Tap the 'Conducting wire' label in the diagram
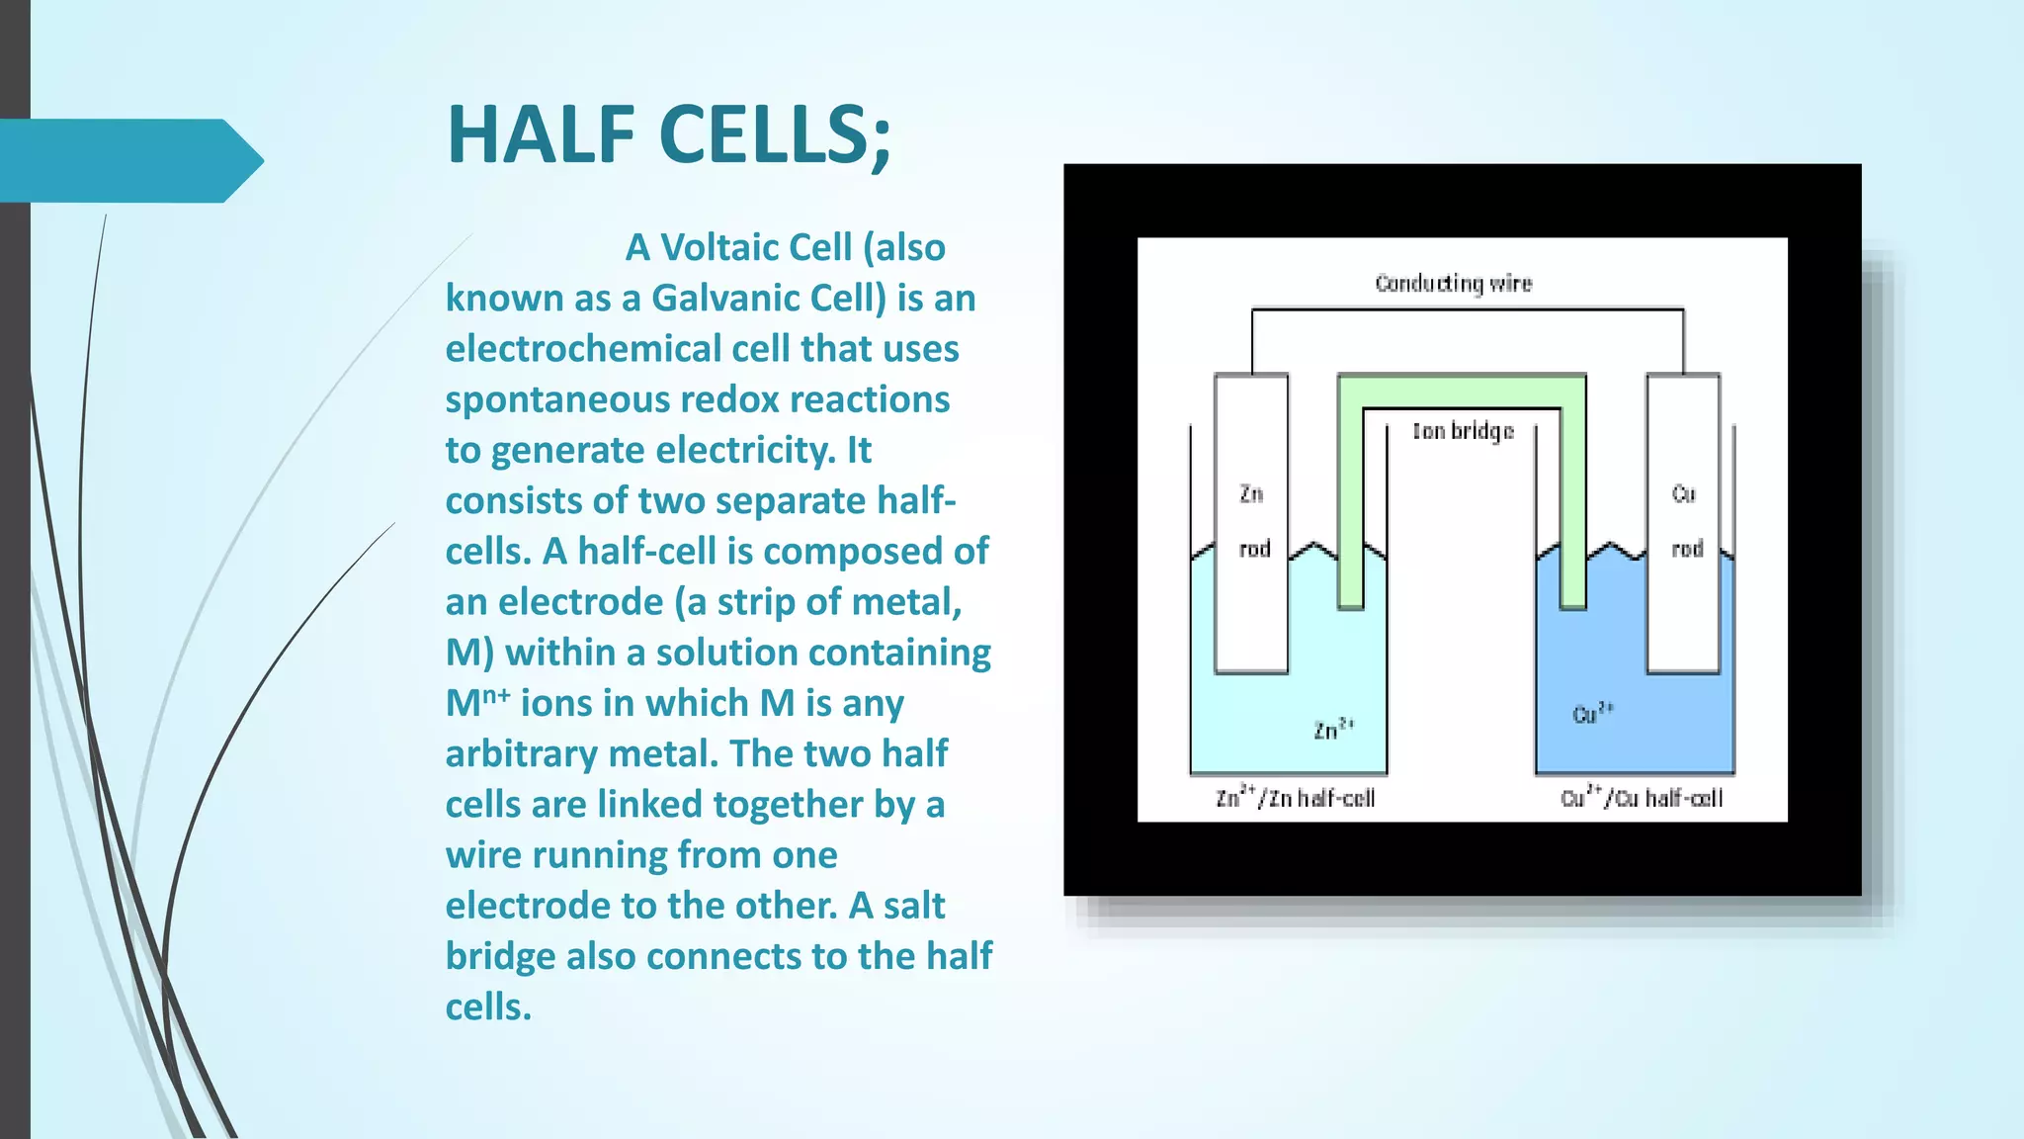coord(1453,284)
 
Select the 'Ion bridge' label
coord(1463,431)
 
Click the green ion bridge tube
coord(1463,390)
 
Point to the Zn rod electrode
coord(1251,524)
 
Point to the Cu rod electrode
coord(1684,524)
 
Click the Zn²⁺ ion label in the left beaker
coord(1333,730)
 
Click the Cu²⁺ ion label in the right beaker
coord(1592,713)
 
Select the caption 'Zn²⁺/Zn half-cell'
coord(1295,797)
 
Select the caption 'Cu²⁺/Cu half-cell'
coord(1641,797)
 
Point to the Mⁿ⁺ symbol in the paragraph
coord(477,703)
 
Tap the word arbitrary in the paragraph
coord(521,753)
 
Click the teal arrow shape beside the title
coord(128,160)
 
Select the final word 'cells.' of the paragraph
coord(488,1007)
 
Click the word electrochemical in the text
coord(583,349)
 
